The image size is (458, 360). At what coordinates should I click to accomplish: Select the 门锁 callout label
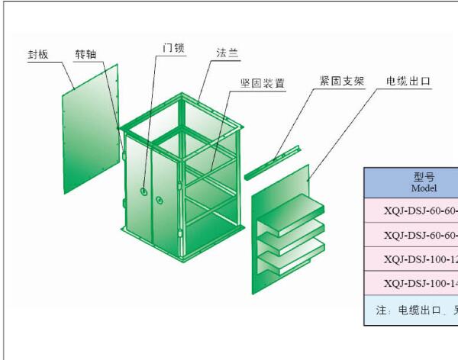[173, 47]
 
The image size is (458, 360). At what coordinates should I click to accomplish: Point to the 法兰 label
[227, 53]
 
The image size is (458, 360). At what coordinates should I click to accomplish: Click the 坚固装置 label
[262, 84]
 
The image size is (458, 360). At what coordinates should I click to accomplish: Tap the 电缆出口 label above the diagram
[409, 80]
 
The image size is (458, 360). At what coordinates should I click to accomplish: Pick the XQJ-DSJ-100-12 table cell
[421, 259]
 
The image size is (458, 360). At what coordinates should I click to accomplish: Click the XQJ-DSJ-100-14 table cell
[421, 283]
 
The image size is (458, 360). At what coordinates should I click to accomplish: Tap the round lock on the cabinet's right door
[160, 200]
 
